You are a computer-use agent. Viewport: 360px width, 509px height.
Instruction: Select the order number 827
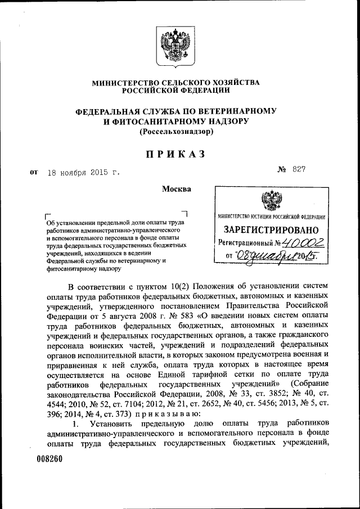click(x=298, y=169)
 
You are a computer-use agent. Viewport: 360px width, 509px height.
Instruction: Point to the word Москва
click(x=176, y=188)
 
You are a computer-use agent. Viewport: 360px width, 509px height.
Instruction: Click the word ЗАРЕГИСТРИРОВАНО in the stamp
click(x=271, y=230)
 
